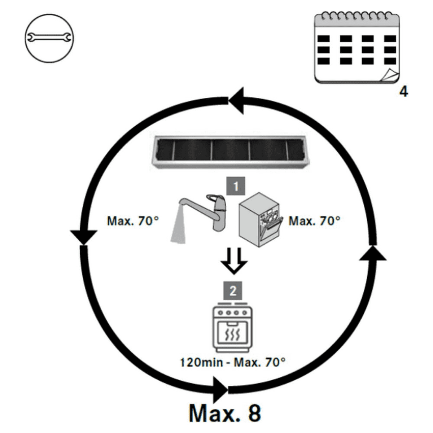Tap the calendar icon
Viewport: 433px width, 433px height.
tap(356, 49)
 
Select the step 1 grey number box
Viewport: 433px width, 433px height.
tap(236, 186)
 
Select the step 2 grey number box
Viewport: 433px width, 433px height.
tap(233, 290)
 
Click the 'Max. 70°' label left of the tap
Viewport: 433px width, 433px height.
tap(133, 221)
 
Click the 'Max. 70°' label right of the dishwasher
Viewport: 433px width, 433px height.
tap(314, 221)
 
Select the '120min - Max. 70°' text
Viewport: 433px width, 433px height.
tap(233, 362)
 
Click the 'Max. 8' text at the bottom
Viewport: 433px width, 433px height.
tap(224, 413)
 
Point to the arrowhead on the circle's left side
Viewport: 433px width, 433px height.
tap(83, 237)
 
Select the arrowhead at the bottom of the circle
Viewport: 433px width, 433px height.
tap(220, 390)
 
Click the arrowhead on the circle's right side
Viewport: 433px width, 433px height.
tap(373, 252)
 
